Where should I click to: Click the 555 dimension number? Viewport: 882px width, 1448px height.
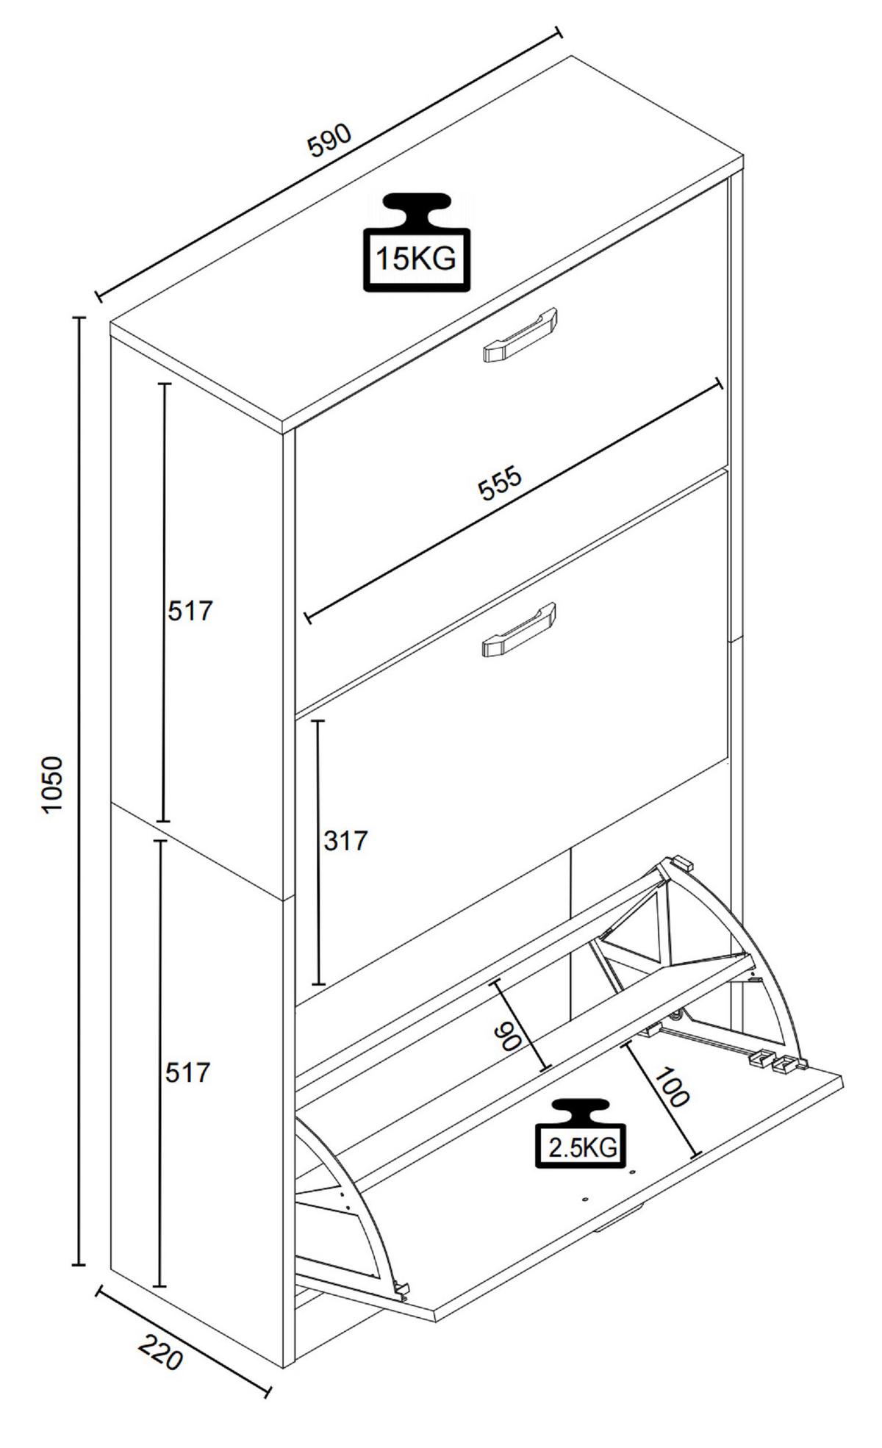pyautogui.click(x=500, y=483)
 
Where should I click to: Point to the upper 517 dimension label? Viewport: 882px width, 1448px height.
pyautogui.click(x=190, y=611)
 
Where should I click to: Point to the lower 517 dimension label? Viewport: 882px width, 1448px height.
pyautogui.click(x=187, y=1072)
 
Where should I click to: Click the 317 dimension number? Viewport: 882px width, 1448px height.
pyautogui.click(x=345, y=840)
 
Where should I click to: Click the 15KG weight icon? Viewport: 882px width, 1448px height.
pyautogui.click(x=417, y=243)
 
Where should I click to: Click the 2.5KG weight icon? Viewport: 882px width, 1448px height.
pyautogui.click(x=581, y=1133)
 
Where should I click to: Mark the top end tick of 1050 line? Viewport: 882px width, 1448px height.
pyautogui.click(x=79, y=318)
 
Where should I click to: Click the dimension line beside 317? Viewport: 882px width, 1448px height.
pyautogui.click(x=318, y=853)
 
